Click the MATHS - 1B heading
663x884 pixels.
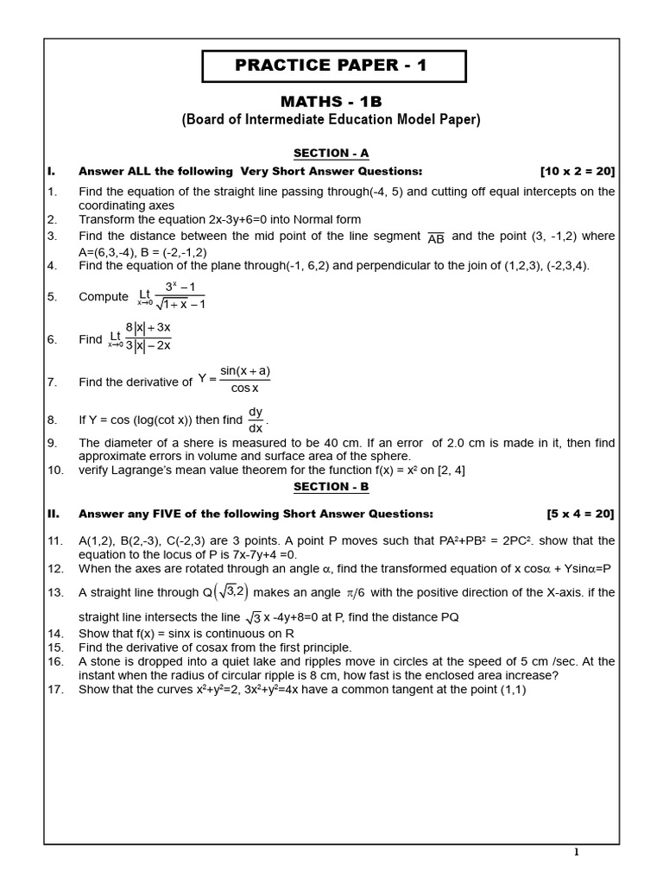click(331, 102)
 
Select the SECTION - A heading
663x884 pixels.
click(331, 154)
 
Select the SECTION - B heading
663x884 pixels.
click(331, 486)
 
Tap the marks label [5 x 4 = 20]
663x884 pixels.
click(580, 514)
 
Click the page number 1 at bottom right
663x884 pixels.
click(577, 853)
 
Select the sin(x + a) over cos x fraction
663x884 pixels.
click(245, 380)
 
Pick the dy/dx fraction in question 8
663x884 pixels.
click(256, 420)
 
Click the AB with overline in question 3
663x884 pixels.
click(436, 238)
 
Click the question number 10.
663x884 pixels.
click(55, 470)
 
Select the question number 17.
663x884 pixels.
click(55, 690)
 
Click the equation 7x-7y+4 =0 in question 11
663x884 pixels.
click(244, 554)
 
